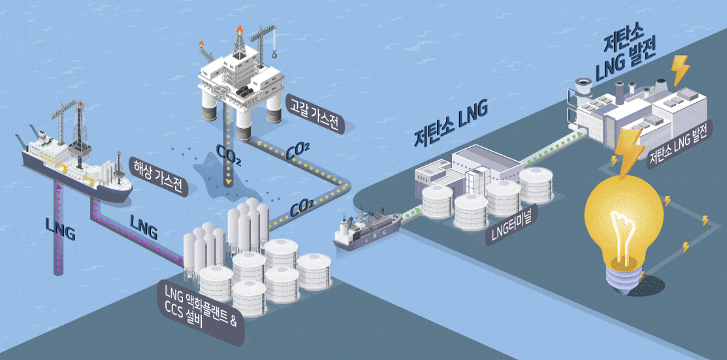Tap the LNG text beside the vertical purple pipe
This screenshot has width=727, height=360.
click(x=60, y=231)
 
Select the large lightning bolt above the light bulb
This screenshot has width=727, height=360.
click(x=628, y=150)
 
